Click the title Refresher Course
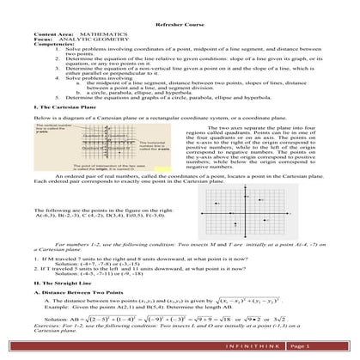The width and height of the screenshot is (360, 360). (180, 27)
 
